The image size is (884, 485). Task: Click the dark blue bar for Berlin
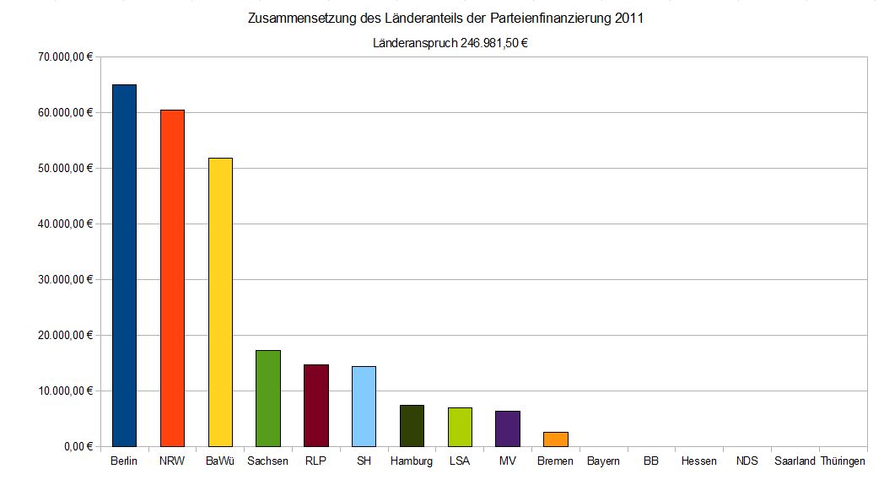tap(124, 265)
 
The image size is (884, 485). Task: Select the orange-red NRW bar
tap(172, 278)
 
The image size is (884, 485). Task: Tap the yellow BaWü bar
tap(220, 302)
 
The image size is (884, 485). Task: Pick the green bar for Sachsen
tap(268, 398)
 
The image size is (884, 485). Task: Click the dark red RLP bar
tap(316, 405)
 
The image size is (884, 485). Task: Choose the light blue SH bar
tap(364, 406)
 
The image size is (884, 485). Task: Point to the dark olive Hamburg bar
tap(412, 425)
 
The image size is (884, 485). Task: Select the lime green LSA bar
tap(460, 427)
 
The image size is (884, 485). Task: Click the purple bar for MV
tap(508, 428)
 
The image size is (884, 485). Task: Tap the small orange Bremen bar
tap(556, 439)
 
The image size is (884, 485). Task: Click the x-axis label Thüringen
tap(844, 461)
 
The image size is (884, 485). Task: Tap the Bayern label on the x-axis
tap(603, 461)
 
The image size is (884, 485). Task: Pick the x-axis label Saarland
tap(795, 461)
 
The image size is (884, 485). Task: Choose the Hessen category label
tap(699, 461)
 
